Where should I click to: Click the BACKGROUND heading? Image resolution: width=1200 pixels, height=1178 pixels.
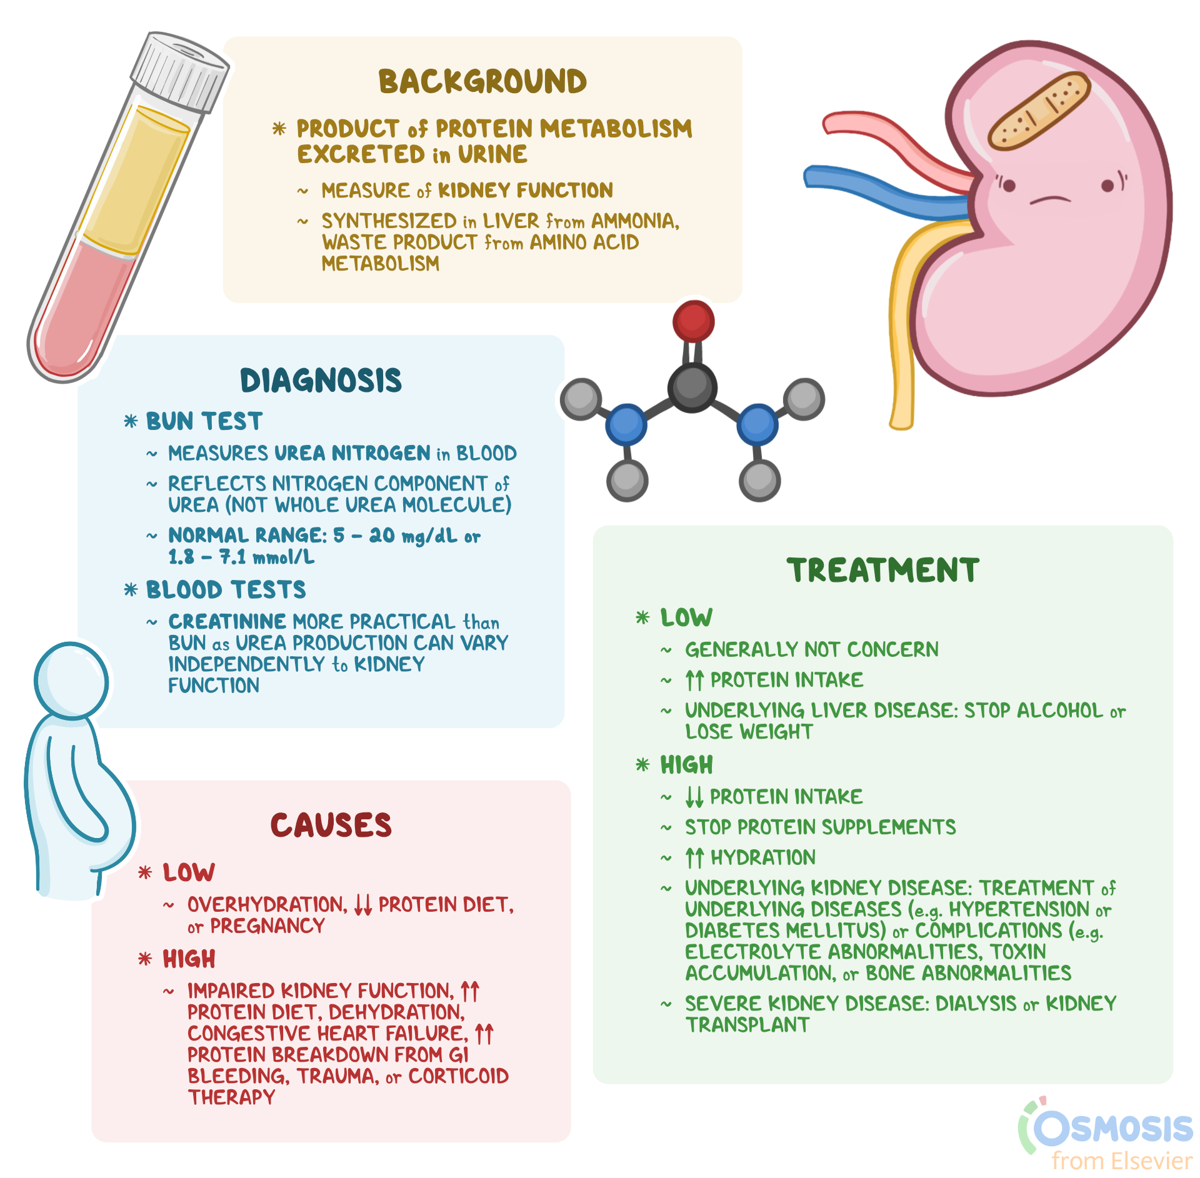482,82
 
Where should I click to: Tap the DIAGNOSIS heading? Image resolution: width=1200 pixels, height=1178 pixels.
321,381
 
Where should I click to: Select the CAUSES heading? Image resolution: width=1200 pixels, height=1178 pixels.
331,825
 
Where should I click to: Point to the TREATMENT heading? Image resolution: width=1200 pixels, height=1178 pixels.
882,571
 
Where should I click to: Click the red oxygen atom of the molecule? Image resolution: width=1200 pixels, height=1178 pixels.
693,321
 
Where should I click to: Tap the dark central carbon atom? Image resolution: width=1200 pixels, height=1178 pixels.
692,387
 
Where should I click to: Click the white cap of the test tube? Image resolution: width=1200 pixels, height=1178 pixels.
179,72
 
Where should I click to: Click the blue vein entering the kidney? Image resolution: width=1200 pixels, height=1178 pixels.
875,187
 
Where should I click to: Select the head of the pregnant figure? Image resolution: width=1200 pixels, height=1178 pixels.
71,681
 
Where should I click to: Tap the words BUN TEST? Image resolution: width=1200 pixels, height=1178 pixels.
204,421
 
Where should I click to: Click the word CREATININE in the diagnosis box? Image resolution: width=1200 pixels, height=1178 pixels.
227,622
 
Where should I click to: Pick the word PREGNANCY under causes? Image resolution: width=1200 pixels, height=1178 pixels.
267,926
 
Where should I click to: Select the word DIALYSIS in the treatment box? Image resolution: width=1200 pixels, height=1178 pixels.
976,1004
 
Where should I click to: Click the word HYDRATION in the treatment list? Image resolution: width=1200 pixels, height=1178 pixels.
763,857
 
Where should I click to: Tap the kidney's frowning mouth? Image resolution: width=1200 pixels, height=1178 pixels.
1050,200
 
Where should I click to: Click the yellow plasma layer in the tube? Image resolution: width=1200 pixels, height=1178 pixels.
134,181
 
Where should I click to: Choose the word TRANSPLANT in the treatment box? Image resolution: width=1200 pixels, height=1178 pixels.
747,1025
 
